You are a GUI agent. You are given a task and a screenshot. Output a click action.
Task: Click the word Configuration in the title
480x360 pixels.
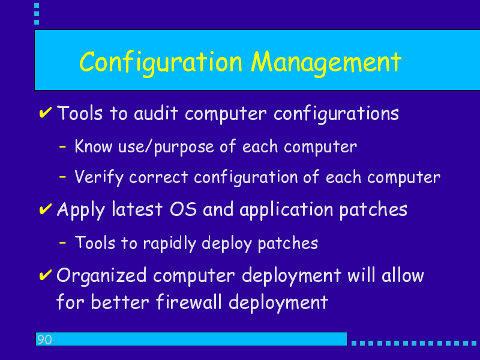click(x=161, y=63)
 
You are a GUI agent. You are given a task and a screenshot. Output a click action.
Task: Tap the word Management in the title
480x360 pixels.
click(x=326, y=63)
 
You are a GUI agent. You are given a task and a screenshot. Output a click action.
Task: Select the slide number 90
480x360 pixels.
click(x=44, y=340)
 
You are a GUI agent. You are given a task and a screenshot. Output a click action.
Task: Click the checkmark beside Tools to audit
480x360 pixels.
click(x=46, y=112)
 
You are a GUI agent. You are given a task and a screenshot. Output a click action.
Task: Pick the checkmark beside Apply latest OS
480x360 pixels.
click(x=46, y=209)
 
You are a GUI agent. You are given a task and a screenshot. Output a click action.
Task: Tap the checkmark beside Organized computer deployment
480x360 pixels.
click(x=46, y=275)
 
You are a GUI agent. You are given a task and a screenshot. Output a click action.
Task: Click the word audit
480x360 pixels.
click(x=156, y=113)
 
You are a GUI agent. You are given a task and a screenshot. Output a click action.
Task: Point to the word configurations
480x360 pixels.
click(x=336, y=114)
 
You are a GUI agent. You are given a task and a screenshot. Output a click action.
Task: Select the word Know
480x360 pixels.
click(x=94, y=146)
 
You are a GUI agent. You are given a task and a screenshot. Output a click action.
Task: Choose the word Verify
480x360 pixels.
click(x=99, y=178)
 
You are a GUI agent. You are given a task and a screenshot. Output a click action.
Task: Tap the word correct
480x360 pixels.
click(x=158, y=178)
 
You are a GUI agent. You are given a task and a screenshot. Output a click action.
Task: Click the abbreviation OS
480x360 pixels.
click(x=183, y=209)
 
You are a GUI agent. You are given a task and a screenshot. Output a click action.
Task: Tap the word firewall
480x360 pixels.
click(x=188, y=302)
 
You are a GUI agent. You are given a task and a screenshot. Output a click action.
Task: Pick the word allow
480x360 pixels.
click(x=403, y=275)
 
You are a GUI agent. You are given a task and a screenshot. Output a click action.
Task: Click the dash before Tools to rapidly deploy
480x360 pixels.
click(x=62, y=243)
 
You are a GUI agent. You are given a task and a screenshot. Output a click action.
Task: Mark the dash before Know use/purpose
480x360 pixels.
click(x=62, y=146)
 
